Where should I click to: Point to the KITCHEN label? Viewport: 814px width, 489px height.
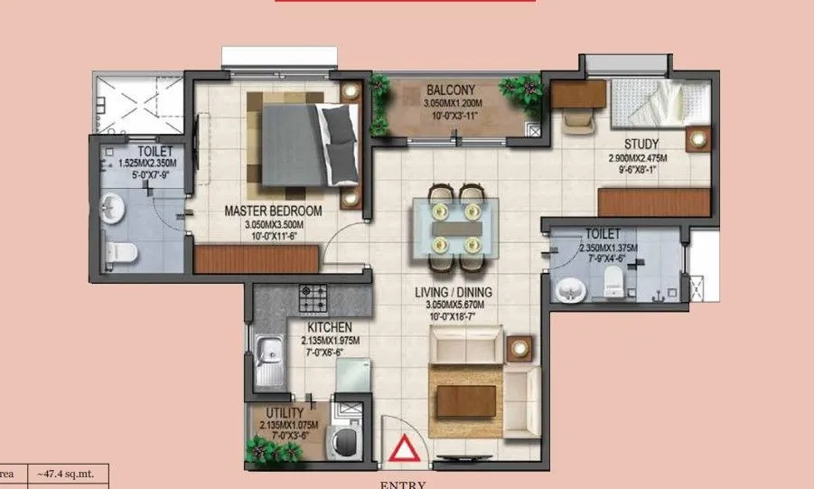coord(329,326)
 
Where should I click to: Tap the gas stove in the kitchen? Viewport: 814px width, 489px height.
coord(315,295)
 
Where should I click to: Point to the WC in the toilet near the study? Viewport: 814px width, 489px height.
coord(614,279)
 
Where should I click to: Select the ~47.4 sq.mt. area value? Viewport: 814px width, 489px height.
coord(71,473)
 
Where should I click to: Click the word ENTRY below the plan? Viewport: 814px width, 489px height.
coord(402,484)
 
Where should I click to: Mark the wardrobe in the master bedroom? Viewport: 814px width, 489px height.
coord(256,259)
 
